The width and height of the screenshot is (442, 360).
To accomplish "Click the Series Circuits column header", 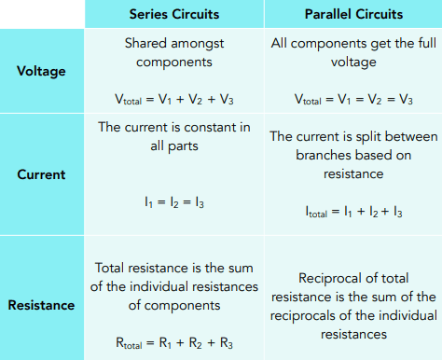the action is click(x=174, y=14).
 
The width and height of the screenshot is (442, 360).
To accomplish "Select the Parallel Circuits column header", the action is click(x=353, y=14).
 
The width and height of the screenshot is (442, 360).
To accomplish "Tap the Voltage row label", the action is click(x=41, y=71).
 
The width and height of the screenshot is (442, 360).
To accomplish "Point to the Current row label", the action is click(x=41, y=174).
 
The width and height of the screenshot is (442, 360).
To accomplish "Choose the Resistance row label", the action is click(x=41, y=305).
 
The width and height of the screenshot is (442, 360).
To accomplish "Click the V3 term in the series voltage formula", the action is click(x=227, y=100).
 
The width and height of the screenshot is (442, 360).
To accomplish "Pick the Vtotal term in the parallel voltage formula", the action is click(x=308, y=100).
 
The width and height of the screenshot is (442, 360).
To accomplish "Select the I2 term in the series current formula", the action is click(x=174, y=202).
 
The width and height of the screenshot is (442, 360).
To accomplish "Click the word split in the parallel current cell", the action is click(x=368, y=137).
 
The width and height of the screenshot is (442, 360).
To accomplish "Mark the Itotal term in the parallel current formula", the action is click(x=316, y=212).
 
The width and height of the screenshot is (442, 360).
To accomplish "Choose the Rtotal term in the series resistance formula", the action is click(x=129, y=343).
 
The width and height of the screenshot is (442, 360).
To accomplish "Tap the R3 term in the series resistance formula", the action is click(x=227, y=343).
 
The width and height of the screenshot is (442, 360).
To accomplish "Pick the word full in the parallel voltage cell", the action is click(x=427, y=43).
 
